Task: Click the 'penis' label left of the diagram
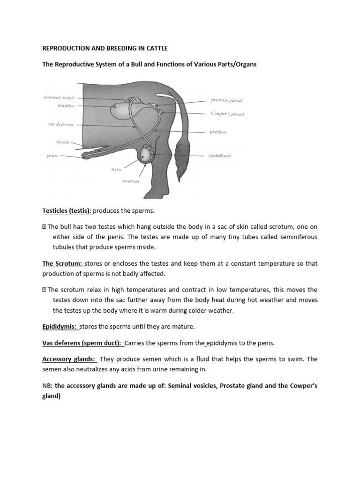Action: (52, 156)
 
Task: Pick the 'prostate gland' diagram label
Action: (226, 100)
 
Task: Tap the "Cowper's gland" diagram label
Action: (227, 114)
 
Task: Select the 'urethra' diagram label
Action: (218, 132)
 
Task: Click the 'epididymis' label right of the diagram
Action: (220, 156)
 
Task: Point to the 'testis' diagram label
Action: (116, 169)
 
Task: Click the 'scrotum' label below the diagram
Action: (131, 180)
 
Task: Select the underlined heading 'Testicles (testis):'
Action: (67, 211)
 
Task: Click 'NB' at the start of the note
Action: (47, 386)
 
